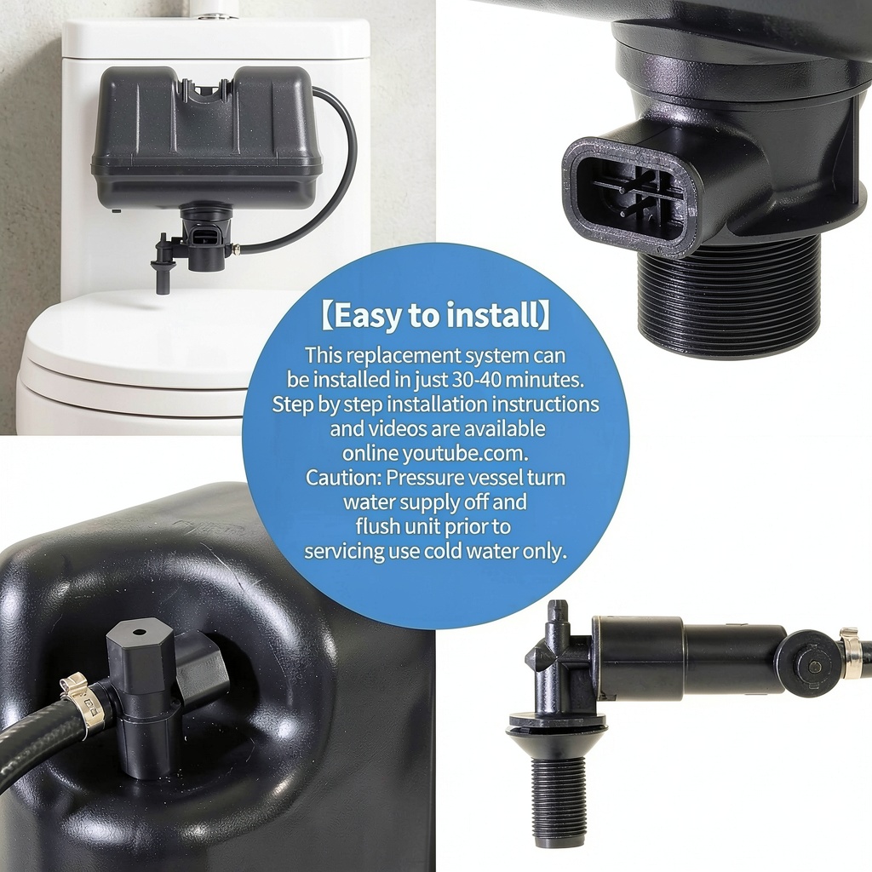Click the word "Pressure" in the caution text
coord(426,478)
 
